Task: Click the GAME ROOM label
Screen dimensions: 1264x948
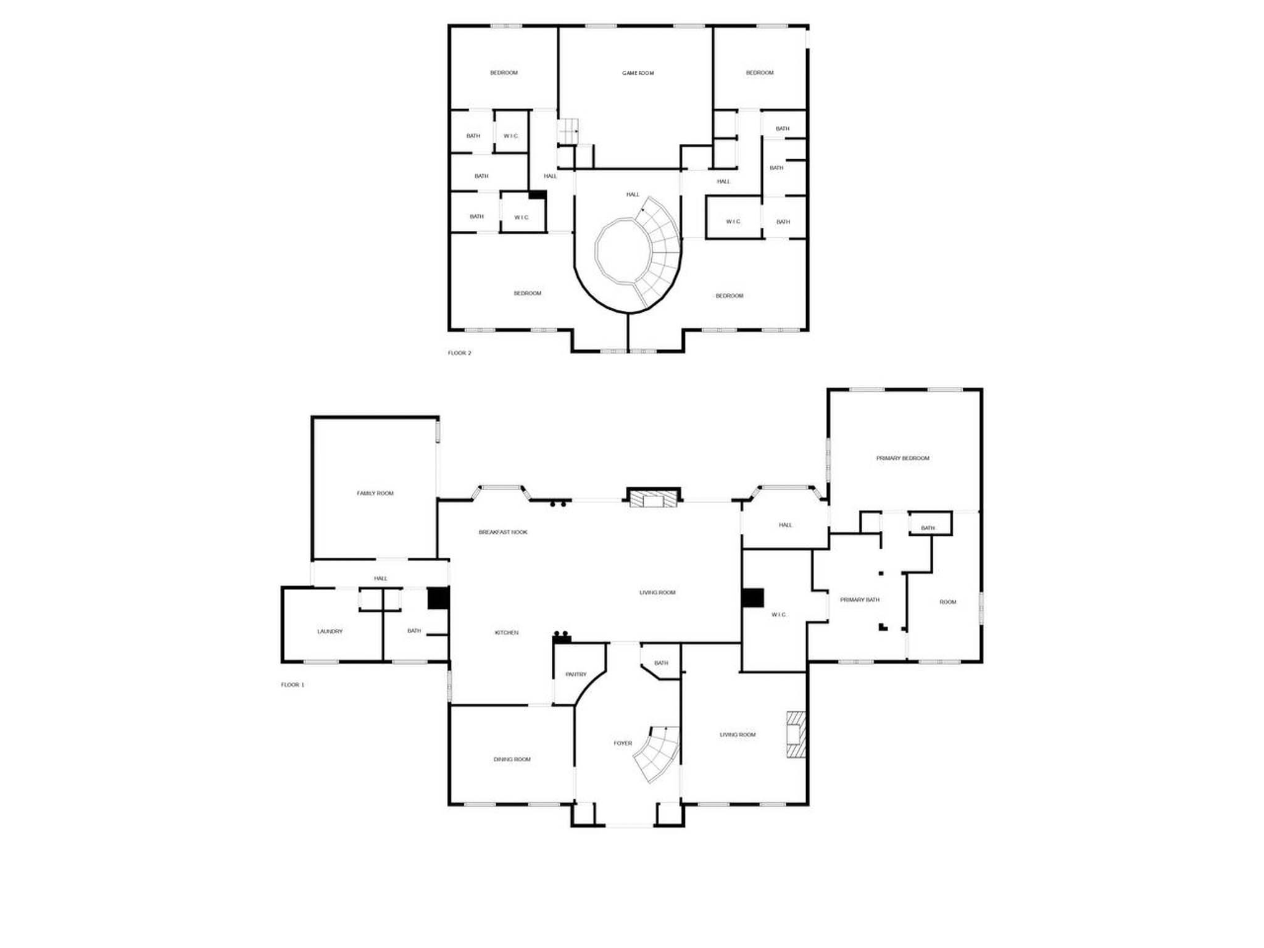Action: click(x=638, y=73)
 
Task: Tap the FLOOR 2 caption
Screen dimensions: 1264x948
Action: click(x=459, y=353)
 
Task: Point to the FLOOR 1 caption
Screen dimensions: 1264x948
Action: click(x=293, y=685)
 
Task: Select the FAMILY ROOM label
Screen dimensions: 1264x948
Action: click(x=375, y=493)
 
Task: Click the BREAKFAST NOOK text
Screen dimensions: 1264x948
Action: click(x=503, y=532)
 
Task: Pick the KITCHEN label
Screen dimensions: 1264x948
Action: click(x=507, y=633)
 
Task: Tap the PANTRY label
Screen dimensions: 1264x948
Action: click(x=576, y=675)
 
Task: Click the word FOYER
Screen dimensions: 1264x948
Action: click(x=623, y=743)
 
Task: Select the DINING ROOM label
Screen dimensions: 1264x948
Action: click(x=512, y=759)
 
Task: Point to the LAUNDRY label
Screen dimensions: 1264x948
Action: click(x=330, y=631)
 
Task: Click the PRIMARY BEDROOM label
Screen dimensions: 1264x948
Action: click(x=903, y=458)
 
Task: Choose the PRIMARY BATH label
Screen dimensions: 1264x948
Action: click(x=860, y=600)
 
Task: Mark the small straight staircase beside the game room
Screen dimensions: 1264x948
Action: click(x=568, y=132)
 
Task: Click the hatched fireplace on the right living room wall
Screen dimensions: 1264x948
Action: click(x=796, y=734)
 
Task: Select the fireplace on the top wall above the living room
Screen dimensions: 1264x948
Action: click(x=654, y=497)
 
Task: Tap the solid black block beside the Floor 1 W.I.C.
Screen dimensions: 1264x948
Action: click(x=753, y=597)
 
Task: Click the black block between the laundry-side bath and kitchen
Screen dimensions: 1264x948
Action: click(x=438, y=598)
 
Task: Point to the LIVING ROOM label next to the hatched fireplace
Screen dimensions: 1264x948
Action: click(x=738, y=734)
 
